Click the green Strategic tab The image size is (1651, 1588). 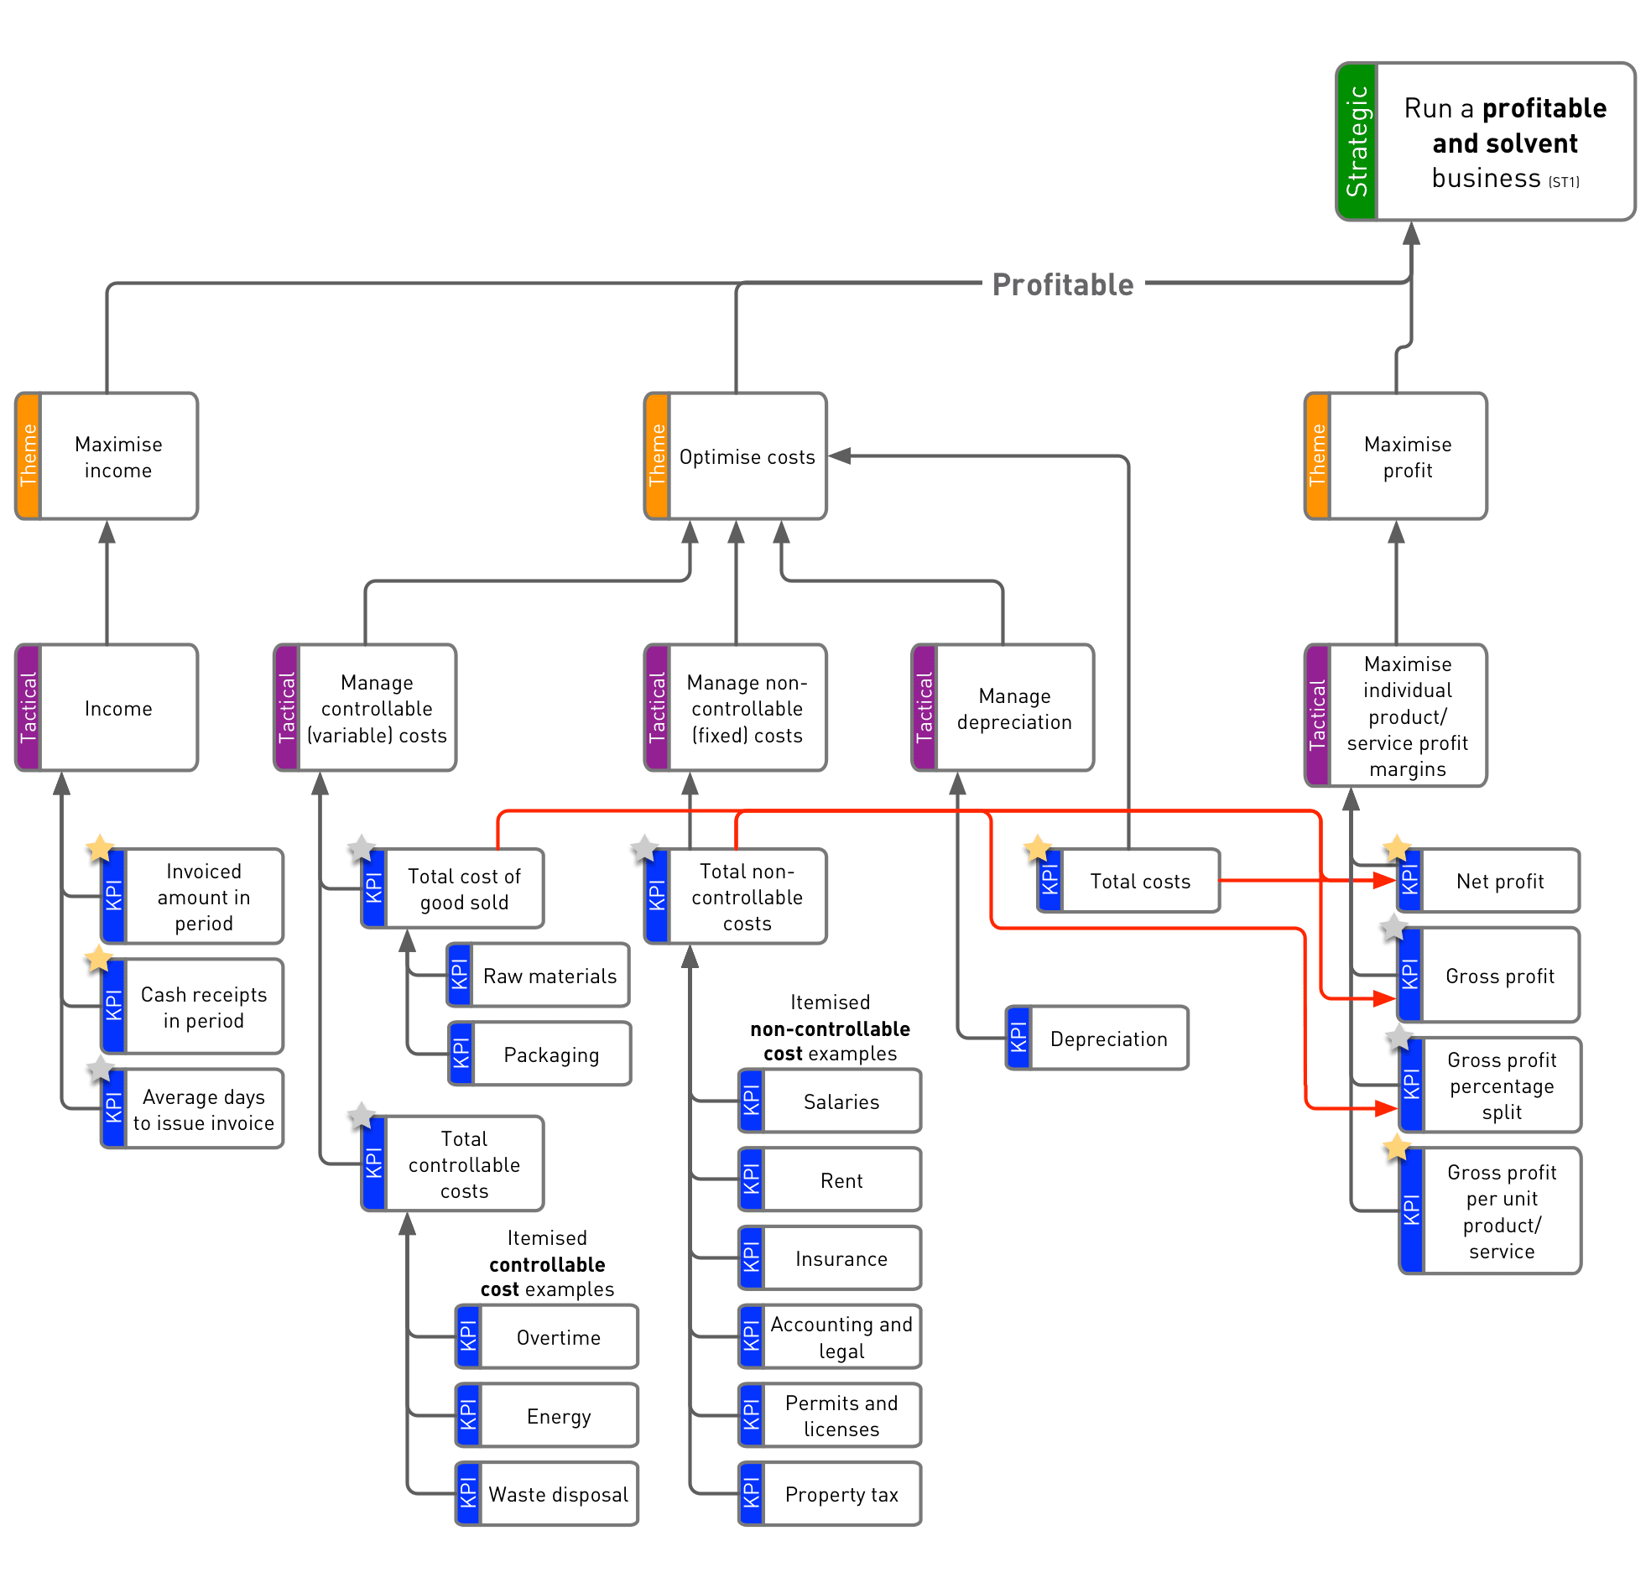coord(1357,142)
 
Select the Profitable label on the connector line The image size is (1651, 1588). coord(1062,284)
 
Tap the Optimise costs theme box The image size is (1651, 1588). coord(736,456)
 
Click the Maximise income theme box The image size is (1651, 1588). coord(107,456)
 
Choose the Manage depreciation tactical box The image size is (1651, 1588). coord(1003,708)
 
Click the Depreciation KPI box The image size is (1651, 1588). coord(1096,1038)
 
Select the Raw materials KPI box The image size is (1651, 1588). coord(539,975)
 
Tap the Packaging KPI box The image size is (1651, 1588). coord(540,1054)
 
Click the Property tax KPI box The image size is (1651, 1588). coord(830,1494)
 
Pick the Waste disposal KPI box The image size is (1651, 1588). coord(547,1494)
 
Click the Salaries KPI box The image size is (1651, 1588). coord(830,1101)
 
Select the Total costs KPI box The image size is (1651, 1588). coord(1128,880)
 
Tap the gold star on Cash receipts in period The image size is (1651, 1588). coord(98,959)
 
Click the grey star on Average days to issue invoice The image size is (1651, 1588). coord(100,1069)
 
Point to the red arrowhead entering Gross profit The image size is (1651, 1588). coord(1385,998)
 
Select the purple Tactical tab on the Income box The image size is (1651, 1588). coord(29,708)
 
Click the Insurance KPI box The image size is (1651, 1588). coord(830,1257)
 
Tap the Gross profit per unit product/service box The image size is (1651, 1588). coord(1490,1211)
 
